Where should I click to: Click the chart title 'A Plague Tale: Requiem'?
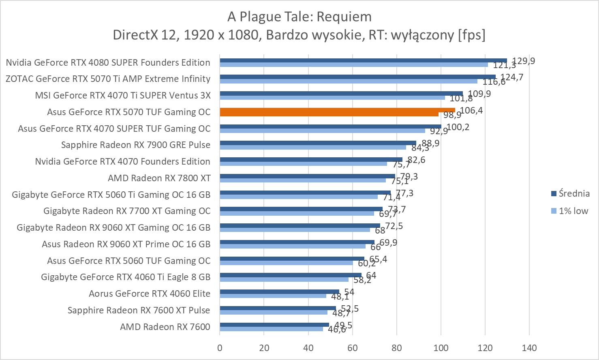click(299, 17)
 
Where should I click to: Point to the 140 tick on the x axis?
click(529, 348)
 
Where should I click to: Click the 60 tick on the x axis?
click(352, 348)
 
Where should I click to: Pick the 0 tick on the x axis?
click(220, 348)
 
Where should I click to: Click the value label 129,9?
click(524, 61)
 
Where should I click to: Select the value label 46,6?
click(337, 330)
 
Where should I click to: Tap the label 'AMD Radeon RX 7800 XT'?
click(159, 178)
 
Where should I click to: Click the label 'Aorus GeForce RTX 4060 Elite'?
click(150, 294)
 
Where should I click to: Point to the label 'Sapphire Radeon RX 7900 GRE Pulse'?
click(136, 145)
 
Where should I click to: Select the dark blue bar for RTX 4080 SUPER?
click(363, 60)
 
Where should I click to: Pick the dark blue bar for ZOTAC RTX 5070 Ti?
click(357, 77)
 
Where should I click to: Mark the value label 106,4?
click(471, 110)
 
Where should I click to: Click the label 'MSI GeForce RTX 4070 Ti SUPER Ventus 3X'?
click(123, 95)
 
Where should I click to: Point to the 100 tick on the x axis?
click(441, 348)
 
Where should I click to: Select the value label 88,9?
click(430, 143)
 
